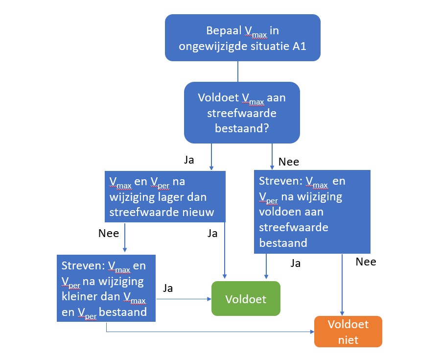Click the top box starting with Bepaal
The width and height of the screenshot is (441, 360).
(242, 38)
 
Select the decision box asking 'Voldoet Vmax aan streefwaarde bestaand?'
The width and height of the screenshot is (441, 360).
(242, 113)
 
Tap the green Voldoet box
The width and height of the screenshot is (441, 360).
(246, 299)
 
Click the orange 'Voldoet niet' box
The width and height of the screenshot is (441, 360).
(348, 332)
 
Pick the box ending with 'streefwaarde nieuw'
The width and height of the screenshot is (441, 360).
(165, 197)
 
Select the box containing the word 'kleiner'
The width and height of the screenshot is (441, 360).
(106, 288)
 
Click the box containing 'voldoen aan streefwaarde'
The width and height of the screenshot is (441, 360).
(312, 212)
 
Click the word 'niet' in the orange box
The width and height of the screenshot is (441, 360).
(348, 339)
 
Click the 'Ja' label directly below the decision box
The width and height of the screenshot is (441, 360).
(188, 160)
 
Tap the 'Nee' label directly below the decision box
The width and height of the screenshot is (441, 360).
(288, 161)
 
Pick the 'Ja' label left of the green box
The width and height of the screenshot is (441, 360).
(167, 288)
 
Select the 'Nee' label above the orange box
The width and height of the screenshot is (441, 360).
(366, 262)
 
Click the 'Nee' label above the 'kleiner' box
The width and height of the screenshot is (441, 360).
(109, 233)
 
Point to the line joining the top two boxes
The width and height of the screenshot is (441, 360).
(238, 72)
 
